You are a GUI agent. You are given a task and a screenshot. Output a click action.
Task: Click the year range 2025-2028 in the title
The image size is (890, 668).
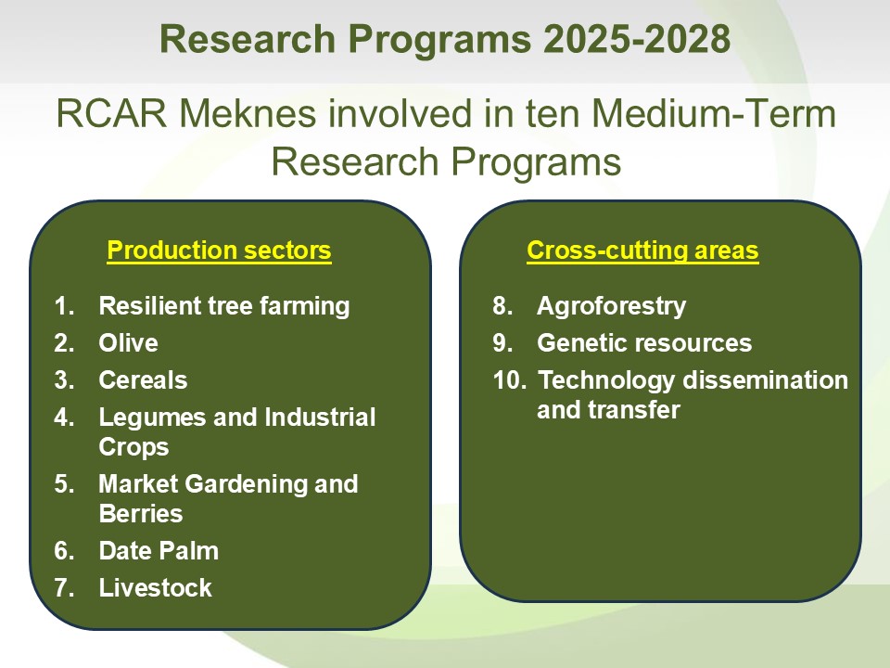(637, 39)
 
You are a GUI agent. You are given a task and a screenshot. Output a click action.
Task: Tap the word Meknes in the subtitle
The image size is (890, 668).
(248, 113)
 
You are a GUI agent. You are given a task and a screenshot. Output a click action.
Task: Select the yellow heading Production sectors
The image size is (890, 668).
(219, 250)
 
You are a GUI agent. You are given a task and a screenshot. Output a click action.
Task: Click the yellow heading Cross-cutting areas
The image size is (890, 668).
(642, 250)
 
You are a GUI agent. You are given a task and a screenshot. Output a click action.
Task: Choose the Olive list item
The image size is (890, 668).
(128, 343)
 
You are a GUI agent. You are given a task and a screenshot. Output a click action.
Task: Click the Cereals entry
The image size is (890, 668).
(143, 380)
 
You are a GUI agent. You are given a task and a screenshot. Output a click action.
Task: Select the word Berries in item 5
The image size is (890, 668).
(141, 513)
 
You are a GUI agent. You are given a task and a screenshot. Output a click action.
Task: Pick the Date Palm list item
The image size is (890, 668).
(159, 551)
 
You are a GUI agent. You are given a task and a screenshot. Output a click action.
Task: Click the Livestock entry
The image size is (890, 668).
(156, 588)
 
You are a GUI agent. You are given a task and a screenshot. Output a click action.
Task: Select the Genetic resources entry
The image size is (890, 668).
(644, 343)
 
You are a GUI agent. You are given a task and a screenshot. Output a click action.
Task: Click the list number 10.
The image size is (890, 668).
(509, 380)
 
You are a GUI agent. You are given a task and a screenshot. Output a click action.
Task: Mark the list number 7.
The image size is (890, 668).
(64, 588)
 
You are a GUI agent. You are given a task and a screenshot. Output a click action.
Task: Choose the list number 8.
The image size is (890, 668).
(502, 306)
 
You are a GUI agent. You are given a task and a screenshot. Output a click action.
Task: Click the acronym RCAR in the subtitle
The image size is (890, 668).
(112, 113)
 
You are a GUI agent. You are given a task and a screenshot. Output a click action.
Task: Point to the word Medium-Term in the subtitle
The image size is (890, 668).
(714, 113)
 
